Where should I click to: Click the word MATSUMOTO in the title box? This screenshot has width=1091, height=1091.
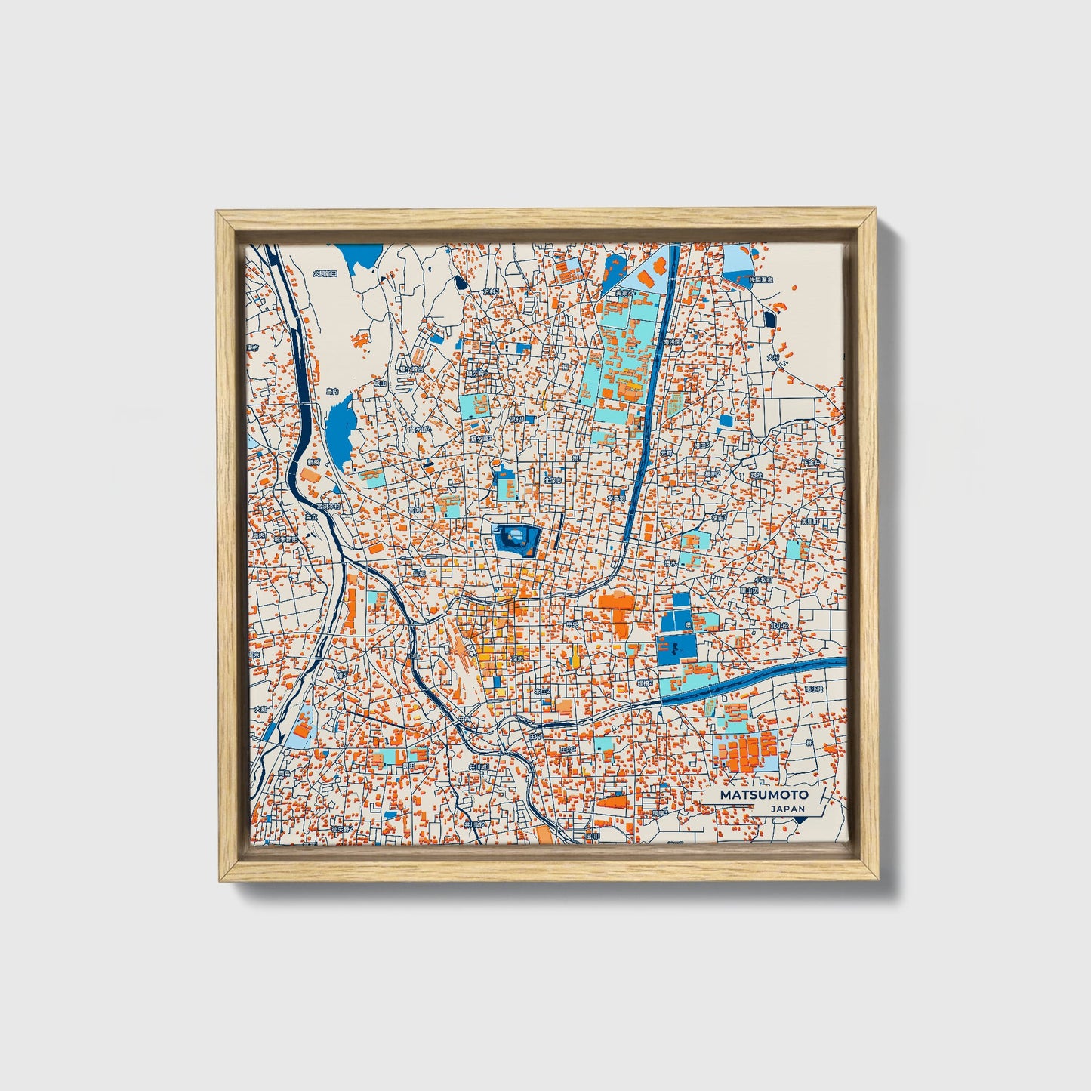[x=763, y=794]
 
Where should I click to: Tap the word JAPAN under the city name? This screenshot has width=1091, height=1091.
[x=787, y=809]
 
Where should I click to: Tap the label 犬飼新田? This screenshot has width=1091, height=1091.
[x=325, y=274]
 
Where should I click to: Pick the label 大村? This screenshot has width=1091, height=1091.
[x=772, y=357]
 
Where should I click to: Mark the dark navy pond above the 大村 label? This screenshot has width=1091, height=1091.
[x=769, y=319]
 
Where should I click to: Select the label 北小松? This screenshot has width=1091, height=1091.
[x=778, y=626]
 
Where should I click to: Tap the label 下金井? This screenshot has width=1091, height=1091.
[x=810, y=462]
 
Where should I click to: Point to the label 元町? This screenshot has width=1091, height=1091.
[x=666, y=453]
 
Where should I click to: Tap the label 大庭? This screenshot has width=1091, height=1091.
[x=260, y=709]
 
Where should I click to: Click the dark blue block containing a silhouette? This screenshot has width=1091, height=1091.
[x=676, y=649]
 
